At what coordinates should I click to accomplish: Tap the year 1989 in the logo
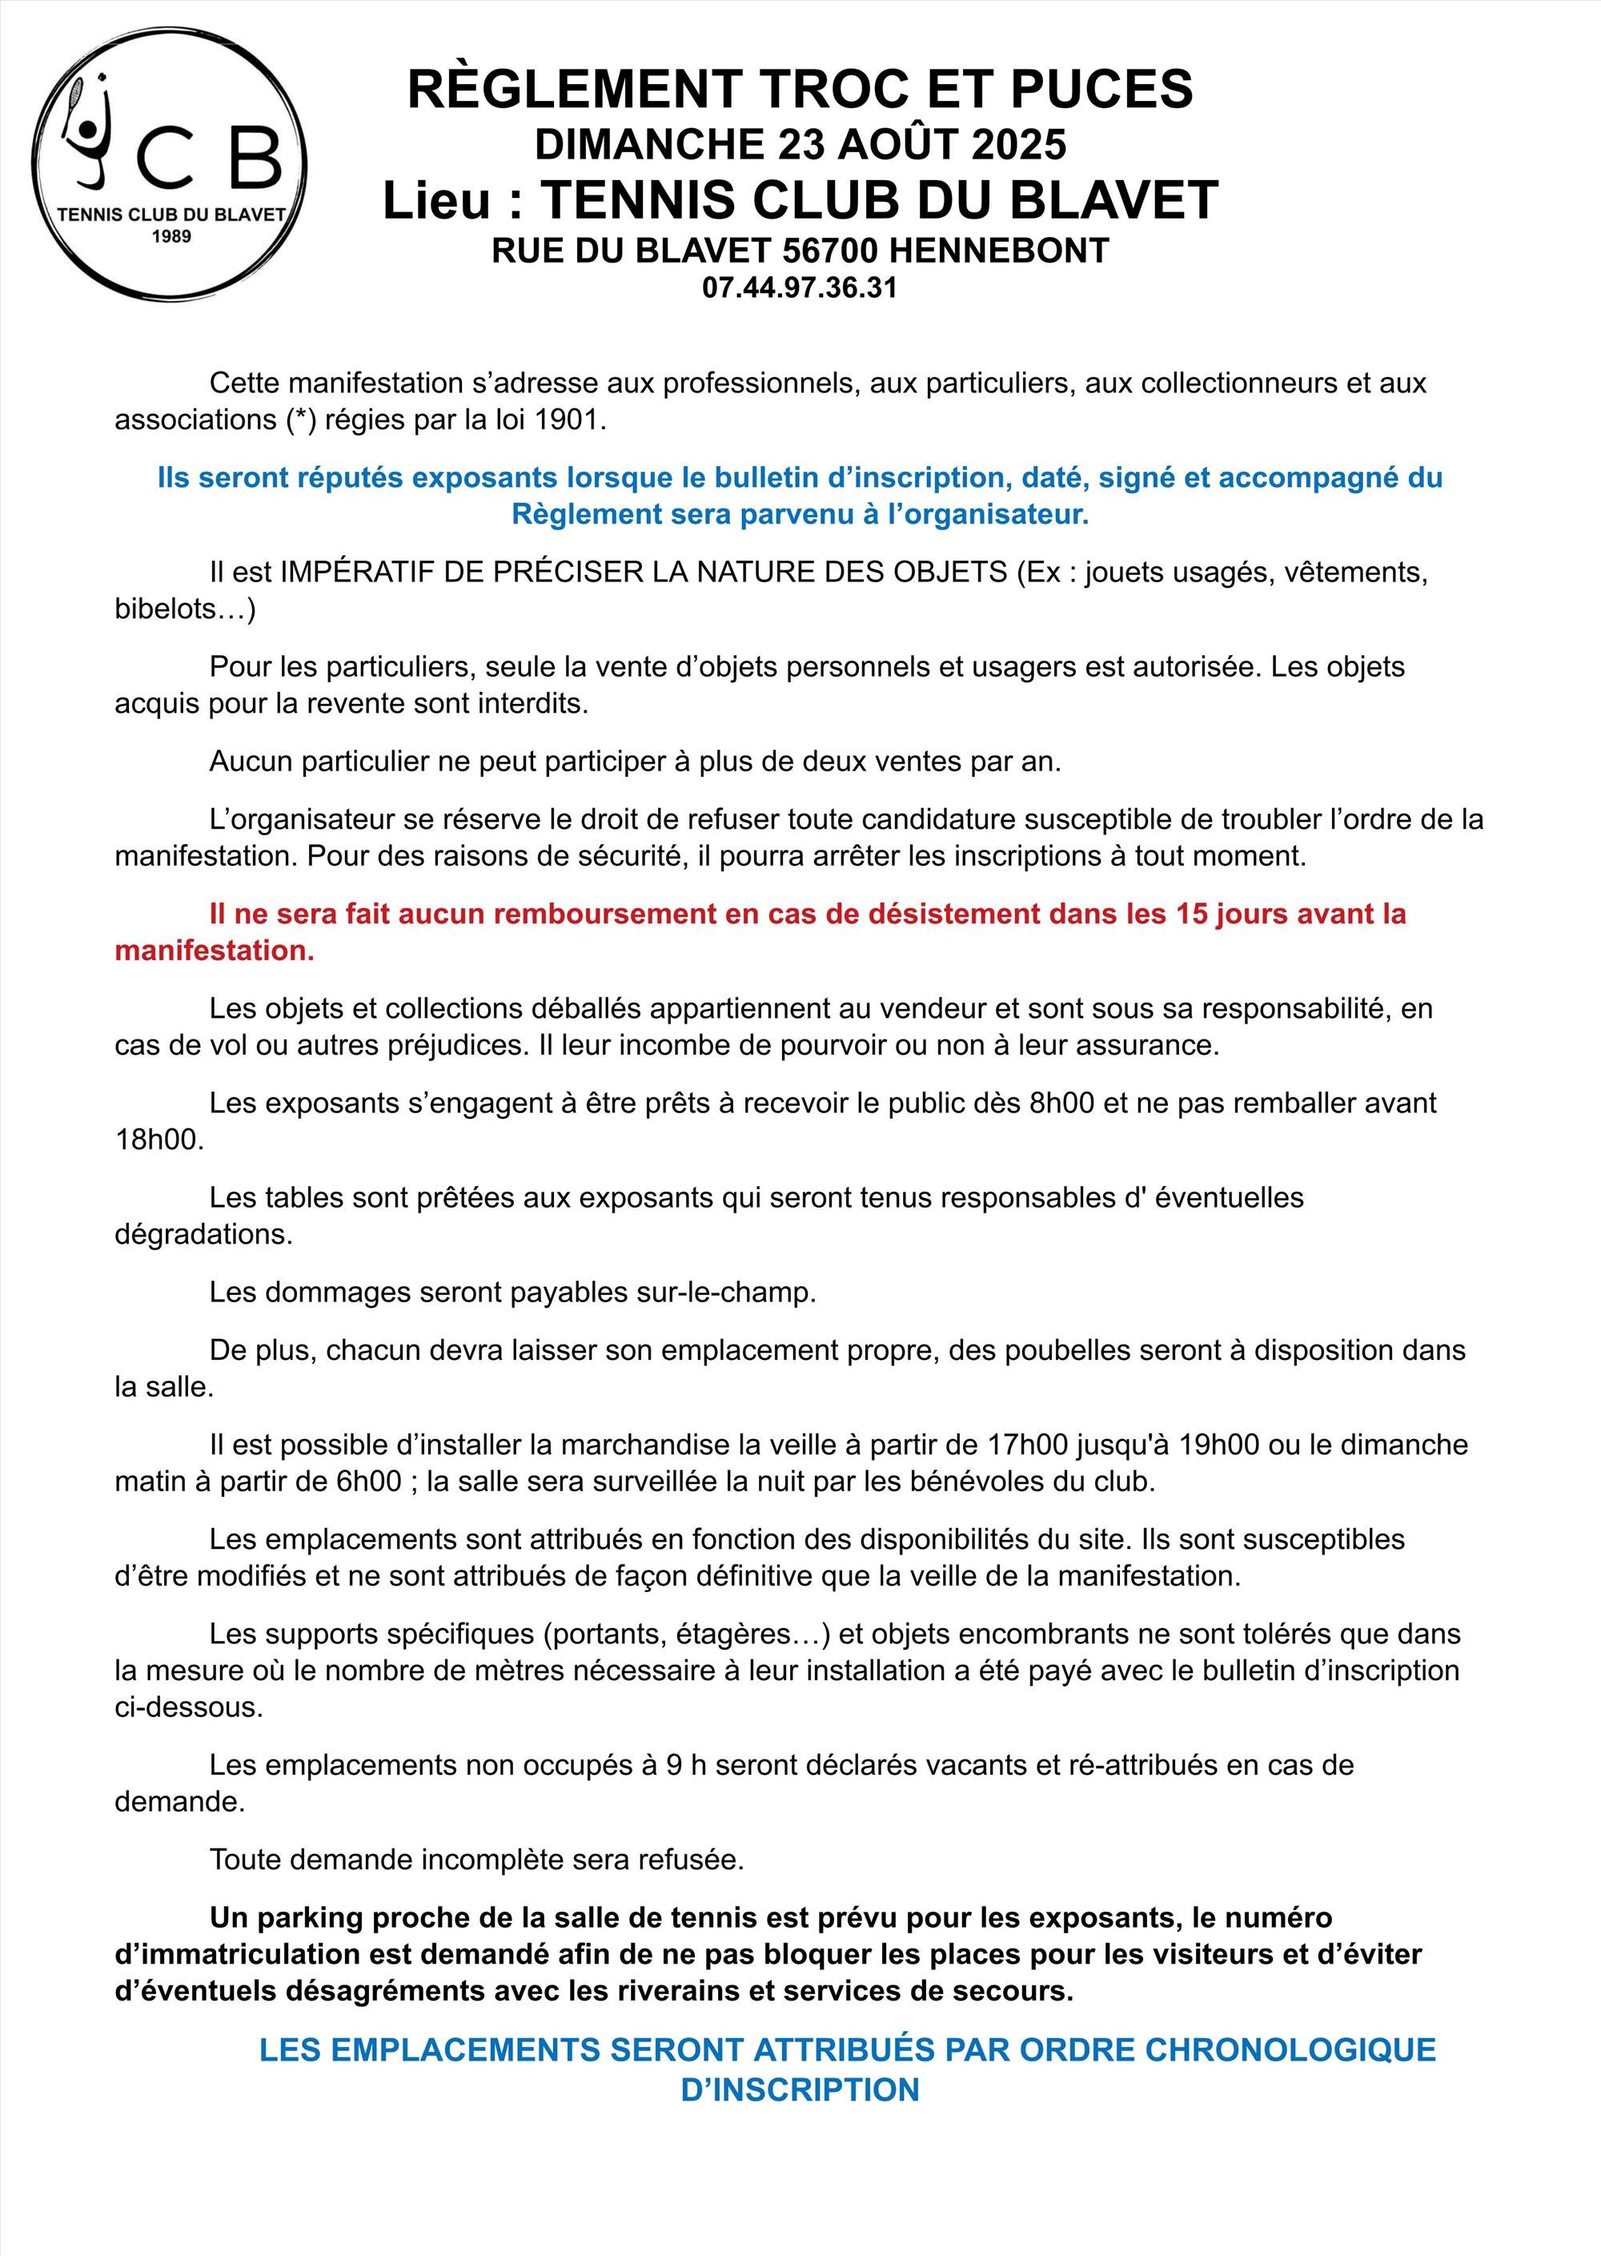pos(171,236)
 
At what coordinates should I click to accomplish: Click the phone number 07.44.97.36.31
pos(800,288)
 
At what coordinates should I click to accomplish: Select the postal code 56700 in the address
pos(830,251)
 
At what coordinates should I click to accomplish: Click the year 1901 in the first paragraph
pos(566,420)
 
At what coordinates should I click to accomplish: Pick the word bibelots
pos(165,609)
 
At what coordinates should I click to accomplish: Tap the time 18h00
pos(158,1140)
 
